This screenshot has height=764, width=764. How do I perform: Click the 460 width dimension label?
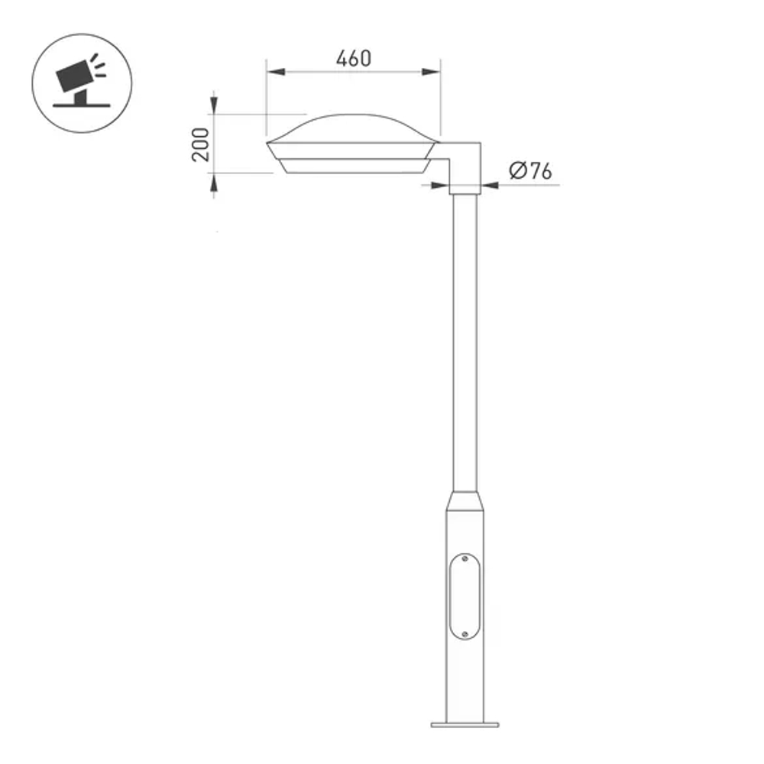(353, 58)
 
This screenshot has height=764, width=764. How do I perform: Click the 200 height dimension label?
(200, 144)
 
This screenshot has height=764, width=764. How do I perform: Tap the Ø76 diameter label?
(529, 171)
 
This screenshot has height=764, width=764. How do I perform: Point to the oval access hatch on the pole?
(465, 597)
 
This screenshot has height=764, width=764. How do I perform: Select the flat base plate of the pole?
(465, 724)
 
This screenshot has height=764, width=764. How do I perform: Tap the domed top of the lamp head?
(353, 125)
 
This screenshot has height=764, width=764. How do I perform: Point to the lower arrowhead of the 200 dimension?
(214, 181)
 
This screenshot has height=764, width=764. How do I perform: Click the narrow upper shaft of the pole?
(465, 344)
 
